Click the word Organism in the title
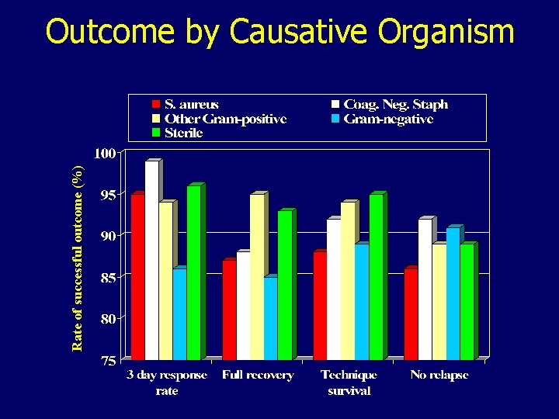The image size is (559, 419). (x=446, y=33)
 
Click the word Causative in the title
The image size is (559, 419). (x=301, y=33)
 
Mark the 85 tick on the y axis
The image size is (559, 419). (x=107, y=277)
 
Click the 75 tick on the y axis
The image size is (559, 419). (x=107, y=360)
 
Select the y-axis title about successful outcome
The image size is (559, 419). (x=78, y=258)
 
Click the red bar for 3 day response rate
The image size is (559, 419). (x=137, y=277)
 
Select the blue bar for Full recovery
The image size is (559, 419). (x=270, y=318)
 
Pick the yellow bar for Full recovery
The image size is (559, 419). (x=256, y=277)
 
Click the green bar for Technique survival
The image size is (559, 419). (x=376, y=277)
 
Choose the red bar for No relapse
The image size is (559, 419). (x=411, y=314)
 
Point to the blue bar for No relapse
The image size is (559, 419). (x=453, y=293)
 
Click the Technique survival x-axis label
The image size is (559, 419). (x=349, y=383)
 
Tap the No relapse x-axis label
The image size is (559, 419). (x=440, y=376)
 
